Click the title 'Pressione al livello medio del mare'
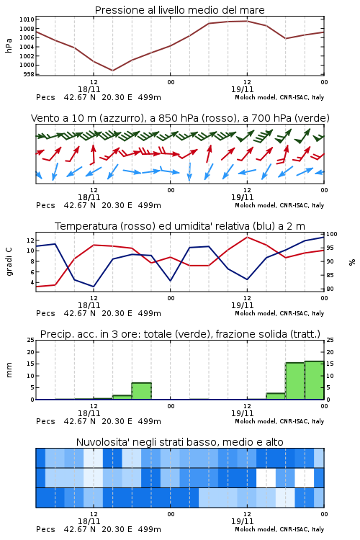pyautogui.click(x=179, y=10)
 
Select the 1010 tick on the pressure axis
pyautogui.click(x=27, y=19)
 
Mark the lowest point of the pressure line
pyautogui.click(x=112, y=71)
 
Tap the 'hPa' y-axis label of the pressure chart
pyautogui.click(x=9, y=45)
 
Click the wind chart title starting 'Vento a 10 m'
pyautogui.click(x=180, y=118)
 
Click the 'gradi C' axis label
pyautogui.click(x=9, y=262)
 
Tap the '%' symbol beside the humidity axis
pyautogui.click(x=352, y=262)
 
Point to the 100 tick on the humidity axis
pyautogui.click(x=332, y=234)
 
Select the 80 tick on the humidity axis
pyautogui.click(x=330, y=289)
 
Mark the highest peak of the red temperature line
pyautogui.click(x=247, y=237)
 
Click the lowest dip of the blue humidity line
pyautogui.click(x=94, y=287)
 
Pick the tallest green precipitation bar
pyautogui.click(x=314, y=380)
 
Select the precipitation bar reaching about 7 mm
pyautogui.click(x=142, y=391)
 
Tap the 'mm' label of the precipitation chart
pyautogui.click(x=9, y=370)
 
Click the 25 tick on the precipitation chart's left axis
pyautogui.click(x=30, y=340)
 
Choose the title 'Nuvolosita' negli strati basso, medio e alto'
pyautogui.click(x=180, y=442)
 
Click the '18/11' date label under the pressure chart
pyautogui.click(x=89, y=89)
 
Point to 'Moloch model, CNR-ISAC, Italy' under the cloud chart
pyautogui.click(x=279, y=529)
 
